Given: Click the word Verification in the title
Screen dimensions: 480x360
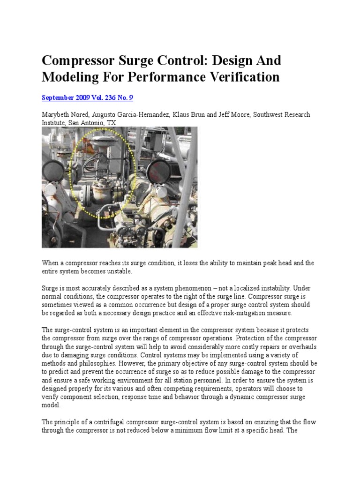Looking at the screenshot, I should tap(244, 76).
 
